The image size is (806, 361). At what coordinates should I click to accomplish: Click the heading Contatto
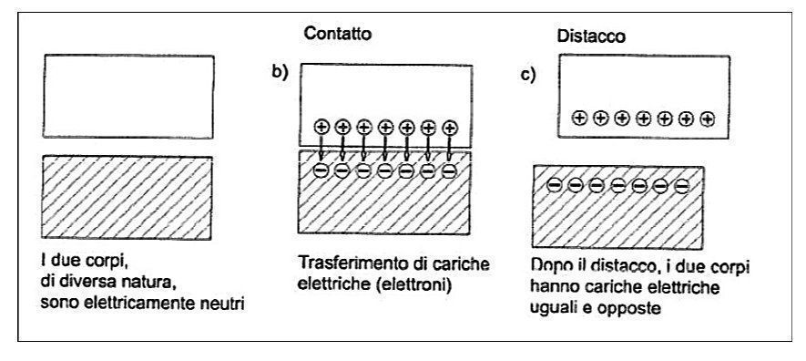[338, 33]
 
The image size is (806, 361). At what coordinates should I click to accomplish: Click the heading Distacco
[589, 37]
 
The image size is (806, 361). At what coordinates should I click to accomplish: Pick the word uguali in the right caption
[554, 308]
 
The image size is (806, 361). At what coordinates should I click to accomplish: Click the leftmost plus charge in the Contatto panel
[321, 129]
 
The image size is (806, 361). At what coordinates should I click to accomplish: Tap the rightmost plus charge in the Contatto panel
[448, 129]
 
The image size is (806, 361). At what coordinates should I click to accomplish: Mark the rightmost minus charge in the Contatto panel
[448, 170]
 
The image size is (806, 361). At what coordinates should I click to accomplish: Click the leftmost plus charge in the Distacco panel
[578, 118]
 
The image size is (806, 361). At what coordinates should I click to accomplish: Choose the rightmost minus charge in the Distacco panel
[683, 187]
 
